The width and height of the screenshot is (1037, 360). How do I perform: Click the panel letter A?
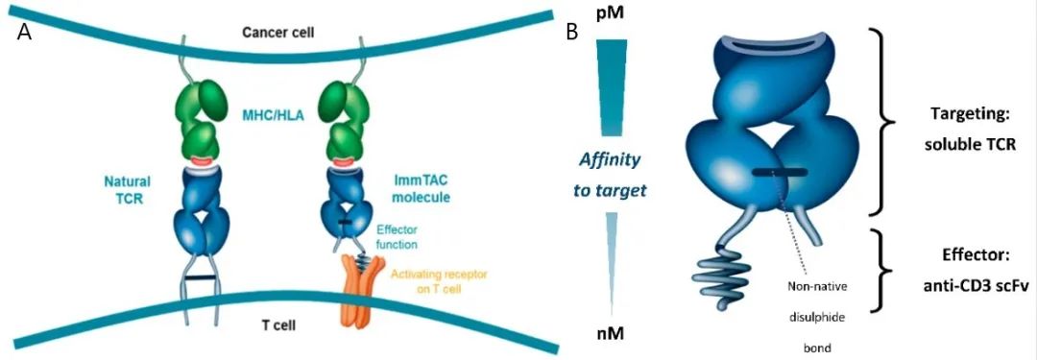[x=25, y=31]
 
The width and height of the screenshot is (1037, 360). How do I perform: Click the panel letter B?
[x=571, y=31]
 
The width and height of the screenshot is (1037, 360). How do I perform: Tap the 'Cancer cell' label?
[x=277, y=32]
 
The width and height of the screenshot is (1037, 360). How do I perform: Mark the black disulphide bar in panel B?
[x=779, y=173]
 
